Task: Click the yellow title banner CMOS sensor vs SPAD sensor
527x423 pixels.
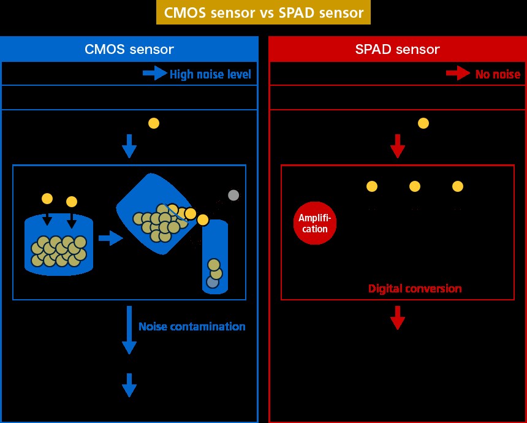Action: (263, 12)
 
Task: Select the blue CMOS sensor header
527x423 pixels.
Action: (129, 49)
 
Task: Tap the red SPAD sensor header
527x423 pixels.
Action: (398, 49)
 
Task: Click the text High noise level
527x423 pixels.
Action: (211, 75)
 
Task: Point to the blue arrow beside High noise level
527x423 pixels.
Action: (154, 74)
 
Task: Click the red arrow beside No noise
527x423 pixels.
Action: (458, 74)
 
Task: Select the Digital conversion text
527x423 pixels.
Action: (415, 288)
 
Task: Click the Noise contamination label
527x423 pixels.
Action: (192, 327)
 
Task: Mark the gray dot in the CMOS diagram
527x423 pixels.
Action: (233, 196)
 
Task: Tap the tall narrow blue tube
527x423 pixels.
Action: (215, 257)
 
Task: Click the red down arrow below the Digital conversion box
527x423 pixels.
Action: (398, 318)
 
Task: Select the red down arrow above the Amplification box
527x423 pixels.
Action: (398, 146)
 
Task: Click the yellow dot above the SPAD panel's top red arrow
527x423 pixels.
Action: (423, 123)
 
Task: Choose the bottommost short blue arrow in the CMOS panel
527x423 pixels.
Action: (129, 385)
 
